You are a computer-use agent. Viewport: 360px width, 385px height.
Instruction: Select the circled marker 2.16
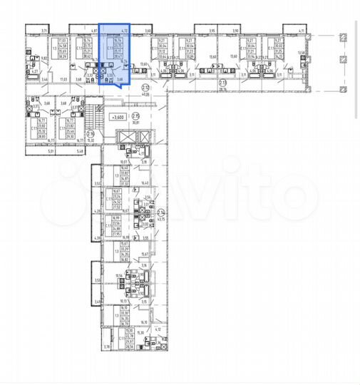pos(91,133)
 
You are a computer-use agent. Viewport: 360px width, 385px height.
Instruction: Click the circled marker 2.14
pos(161,212)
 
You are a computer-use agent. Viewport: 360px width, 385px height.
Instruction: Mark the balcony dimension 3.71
pos(44,31)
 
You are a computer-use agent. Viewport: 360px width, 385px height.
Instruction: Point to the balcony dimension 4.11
pos(302,31)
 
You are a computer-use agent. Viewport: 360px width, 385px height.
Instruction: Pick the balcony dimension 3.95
pos(212,31)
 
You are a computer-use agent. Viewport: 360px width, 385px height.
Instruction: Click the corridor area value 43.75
pos(160,219)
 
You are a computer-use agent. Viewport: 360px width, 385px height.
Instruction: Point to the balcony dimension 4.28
pos(97,212)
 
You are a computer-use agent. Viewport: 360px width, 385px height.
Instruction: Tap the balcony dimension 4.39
pos(97,237)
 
